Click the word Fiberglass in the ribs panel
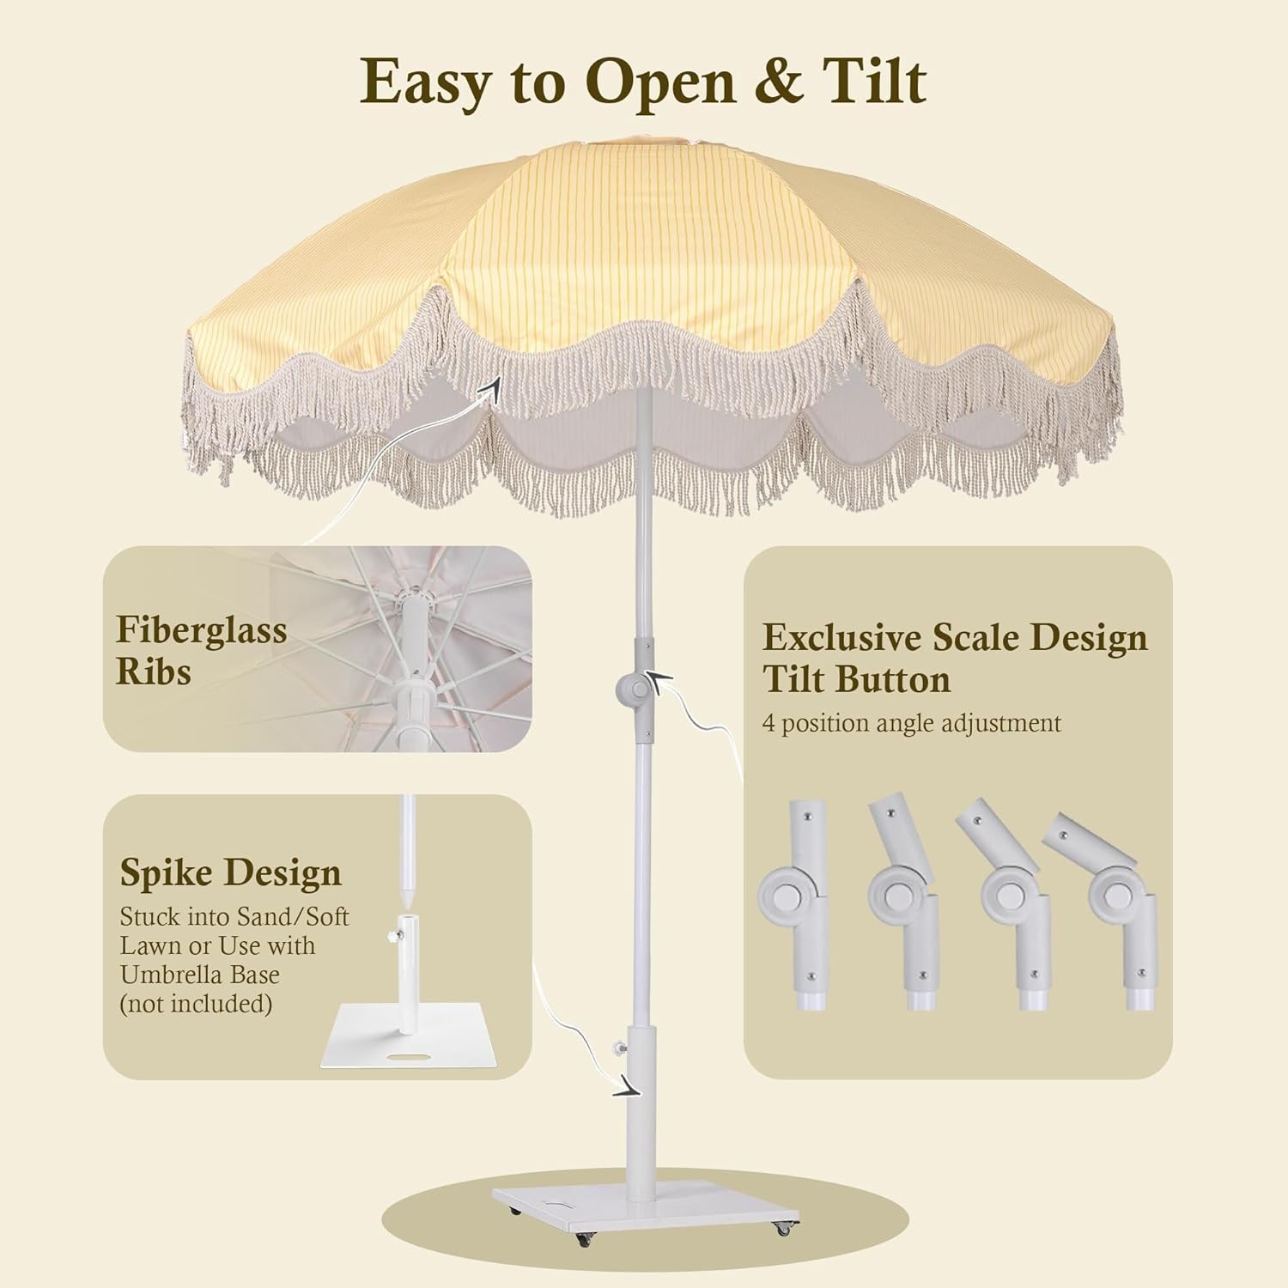tap(201, 629)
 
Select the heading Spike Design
tap(230, 872)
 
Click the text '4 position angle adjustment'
tap(911, 723)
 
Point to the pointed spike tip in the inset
tap(409, 902)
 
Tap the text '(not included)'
tap(196, 1004)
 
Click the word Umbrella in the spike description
tap(200, 975)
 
